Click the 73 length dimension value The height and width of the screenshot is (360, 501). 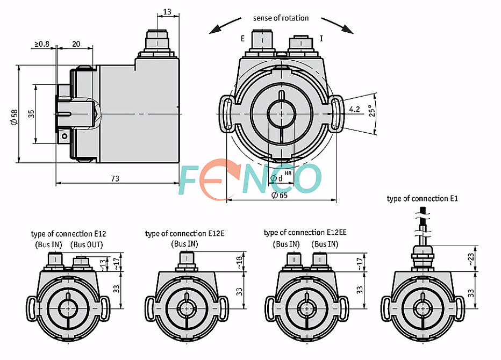point(115,178)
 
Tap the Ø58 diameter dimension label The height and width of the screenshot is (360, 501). point(15,117)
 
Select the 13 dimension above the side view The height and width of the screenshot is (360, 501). point(167,12)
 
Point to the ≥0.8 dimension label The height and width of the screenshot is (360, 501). point(42,44)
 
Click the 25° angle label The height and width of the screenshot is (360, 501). point(372,111)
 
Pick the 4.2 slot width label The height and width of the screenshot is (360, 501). point(354,109)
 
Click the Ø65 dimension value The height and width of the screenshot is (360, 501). point(280,195)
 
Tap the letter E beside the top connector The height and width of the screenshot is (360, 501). point(242,39)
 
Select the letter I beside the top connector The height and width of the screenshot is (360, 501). point(321,38)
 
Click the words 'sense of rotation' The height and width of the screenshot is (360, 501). point(281,18)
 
